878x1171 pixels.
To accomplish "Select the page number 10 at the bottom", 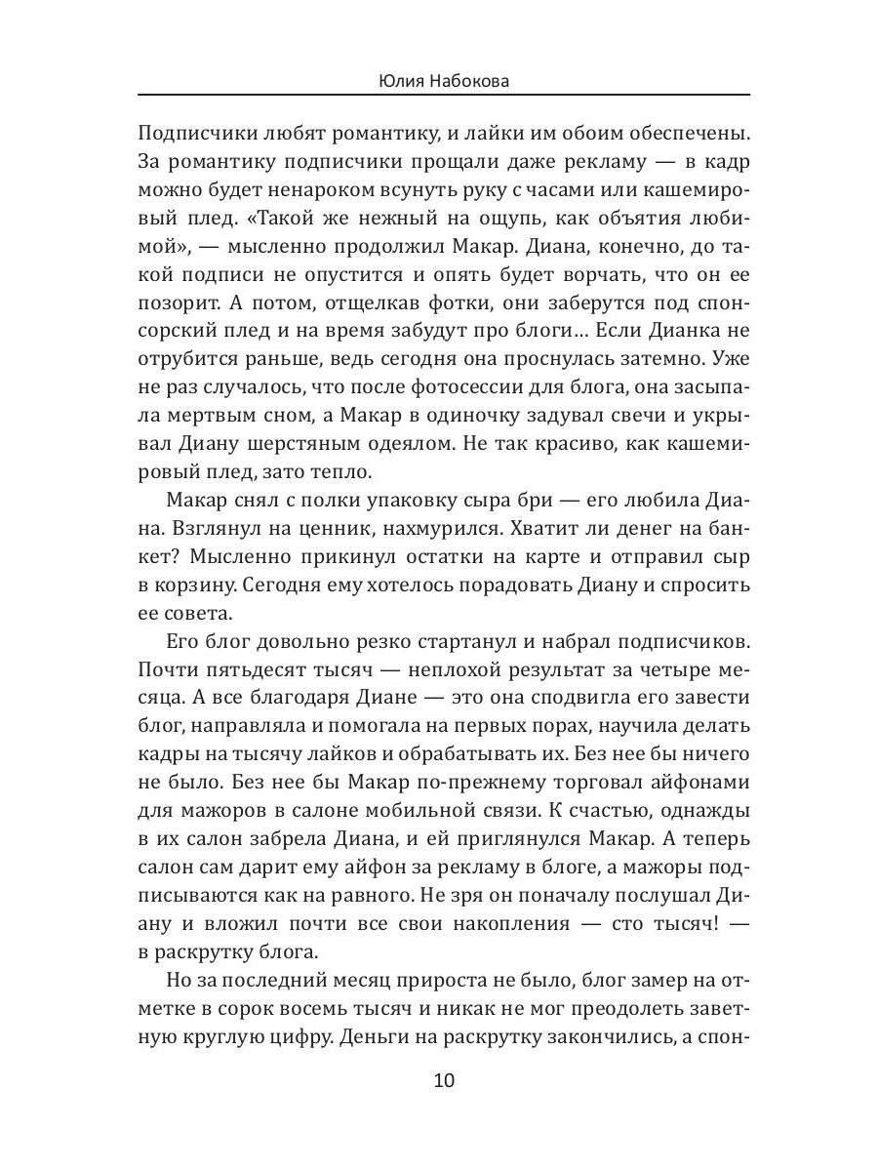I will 443,1081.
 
